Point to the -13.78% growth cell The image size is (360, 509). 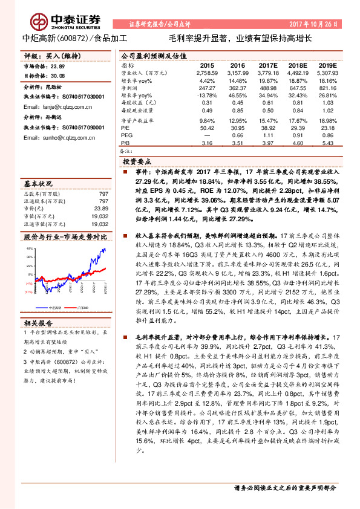pyautogui.click(x=207, y=96)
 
